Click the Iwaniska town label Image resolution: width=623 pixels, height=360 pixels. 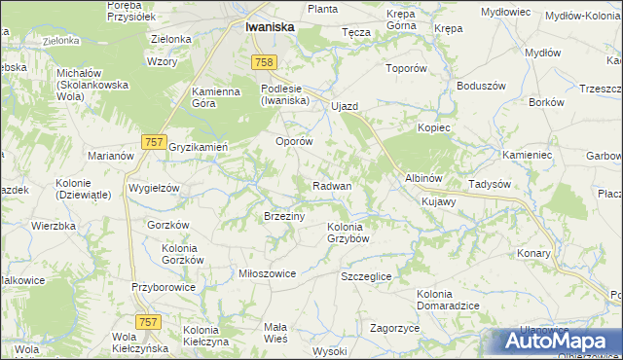pyautogui.click(x=271, y=28)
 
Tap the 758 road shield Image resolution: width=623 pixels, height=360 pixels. pyautogui.click(x=261, y=63)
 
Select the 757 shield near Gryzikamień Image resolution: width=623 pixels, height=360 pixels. pyautogui.click(x=152, y=142)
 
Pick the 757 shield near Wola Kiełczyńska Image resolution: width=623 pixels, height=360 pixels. pyautogui.click(x=149, y=322)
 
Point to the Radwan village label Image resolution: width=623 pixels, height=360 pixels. pyautogui.click(x=332, y=185)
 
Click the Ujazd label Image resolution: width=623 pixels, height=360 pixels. pyautogui.click(x=346, y=105)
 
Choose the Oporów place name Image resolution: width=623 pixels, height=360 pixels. pyautogui.click(x=294, y=141)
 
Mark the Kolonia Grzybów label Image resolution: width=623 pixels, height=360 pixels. pyautogui.click(x=349, y=233)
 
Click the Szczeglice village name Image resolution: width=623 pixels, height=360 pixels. pyautogui.click(x=366, y=276)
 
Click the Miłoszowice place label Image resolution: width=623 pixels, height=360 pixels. pyautogui.click(x=267, y=273)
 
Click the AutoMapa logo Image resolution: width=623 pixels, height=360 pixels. pyautogui.click(x=560, y=342)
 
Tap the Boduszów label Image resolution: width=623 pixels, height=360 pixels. pyautogui.click(x=473, y=85)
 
